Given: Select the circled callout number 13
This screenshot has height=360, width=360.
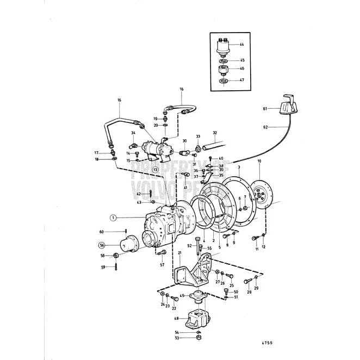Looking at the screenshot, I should click(x=156, y=170).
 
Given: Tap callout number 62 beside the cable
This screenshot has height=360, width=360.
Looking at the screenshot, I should click(x=266, y=127).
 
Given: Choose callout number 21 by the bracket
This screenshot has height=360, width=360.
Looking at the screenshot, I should click(x=179, y=253).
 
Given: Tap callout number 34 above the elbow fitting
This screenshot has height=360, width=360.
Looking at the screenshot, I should click(x=133, y=133).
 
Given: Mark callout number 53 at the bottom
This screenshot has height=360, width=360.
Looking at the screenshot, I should click(x=177, y=338).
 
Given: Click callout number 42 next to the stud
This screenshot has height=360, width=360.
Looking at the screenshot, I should click(x=139, y=194).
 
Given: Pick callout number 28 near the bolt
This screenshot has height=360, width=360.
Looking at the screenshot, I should click(x=249, y=292).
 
